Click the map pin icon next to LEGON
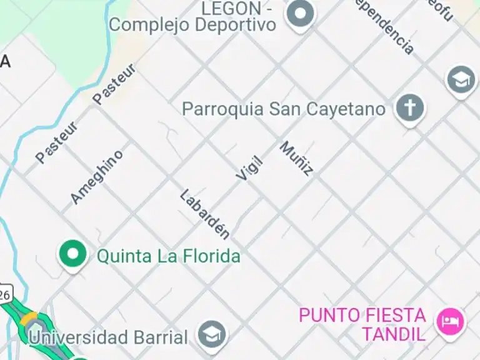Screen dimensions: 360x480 click(x=300, y=13)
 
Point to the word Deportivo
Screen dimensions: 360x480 click(x=235, y=25)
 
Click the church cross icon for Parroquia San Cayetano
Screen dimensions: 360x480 click(x=409, y=108)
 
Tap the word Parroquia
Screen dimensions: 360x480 click(x=222, y=109)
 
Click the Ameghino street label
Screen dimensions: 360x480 click(x=96, y=177)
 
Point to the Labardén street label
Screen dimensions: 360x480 click(x=204, y=214)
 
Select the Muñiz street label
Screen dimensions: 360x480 click(x=296, y=158)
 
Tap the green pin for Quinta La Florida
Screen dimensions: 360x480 click(x=73, y=254)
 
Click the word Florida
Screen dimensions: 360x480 click(x=211, y=256)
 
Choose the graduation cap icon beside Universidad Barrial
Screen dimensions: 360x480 click(x=212, y=336)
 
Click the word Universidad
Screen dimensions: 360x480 click(x=79, y=337)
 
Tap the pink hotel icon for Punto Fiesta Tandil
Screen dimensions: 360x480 click(x=450, y=322)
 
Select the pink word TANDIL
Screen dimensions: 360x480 click(x=393, y=333)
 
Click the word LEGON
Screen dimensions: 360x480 click(x=231, y=8)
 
